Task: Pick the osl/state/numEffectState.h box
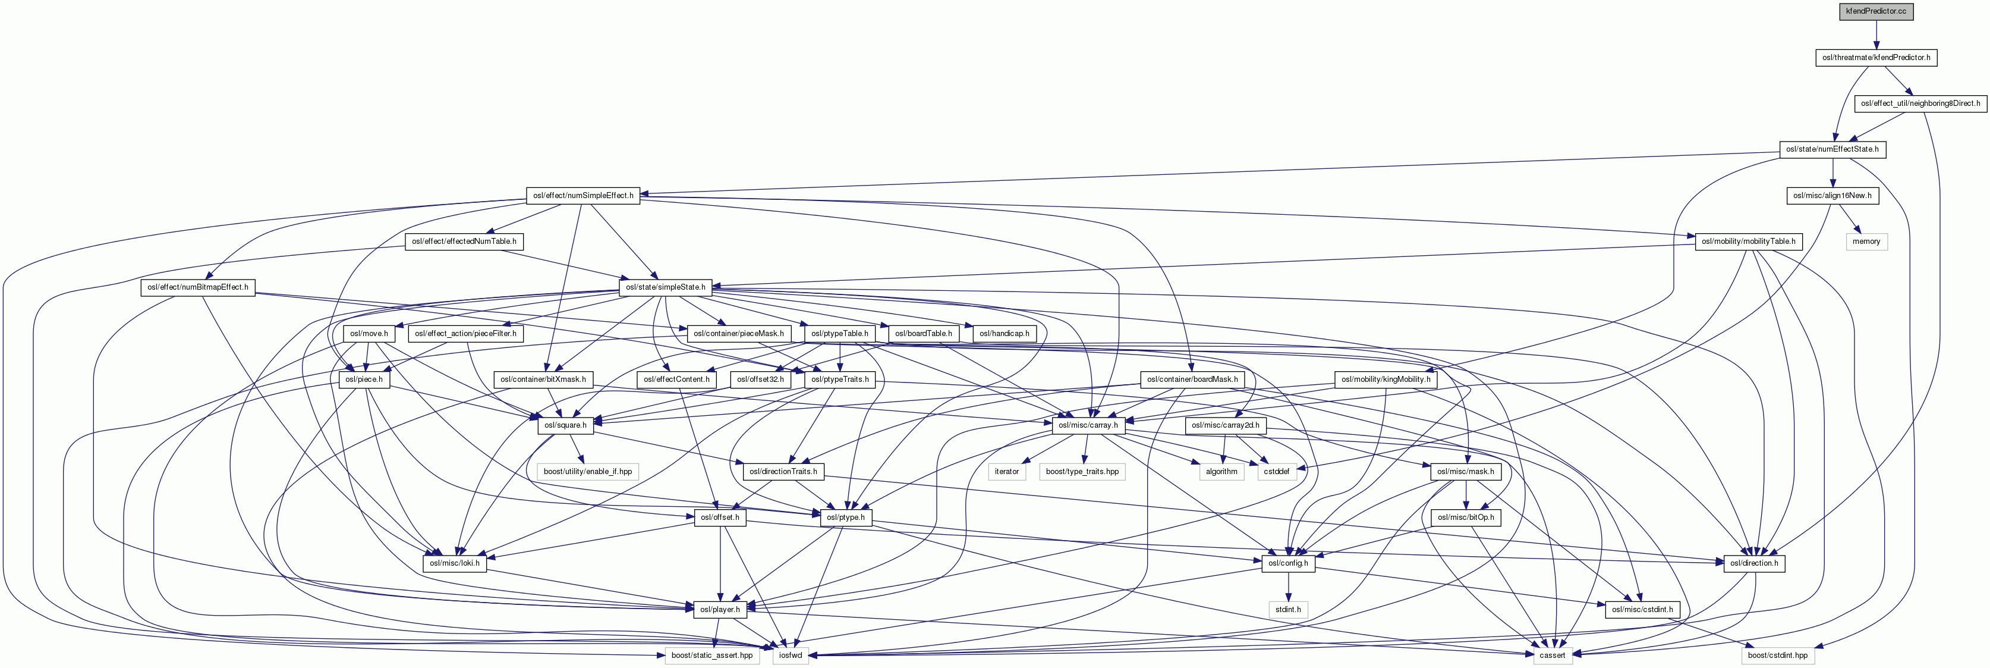tap(1832, 149)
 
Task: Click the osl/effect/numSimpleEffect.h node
tap(583, 196)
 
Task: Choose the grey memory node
tap(1866, 242)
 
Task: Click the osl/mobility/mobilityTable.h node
tap(1747, 242)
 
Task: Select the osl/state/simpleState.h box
tap(665, 287)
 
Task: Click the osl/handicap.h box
tap(1003, 333)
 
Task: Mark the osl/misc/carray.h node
tap(1088, 425)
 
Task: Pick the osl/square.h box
tap(565, 425)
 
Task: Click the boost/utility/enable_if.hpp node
tap(587, 471)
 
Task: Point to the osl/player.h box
tap(720, 609)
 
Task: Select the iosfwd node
tap(791, 655)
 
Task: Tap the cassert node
tap(1552, 655)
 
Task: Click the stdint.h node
tap(1288, 609)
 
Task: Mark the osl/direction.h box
tap(1753, 563)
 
